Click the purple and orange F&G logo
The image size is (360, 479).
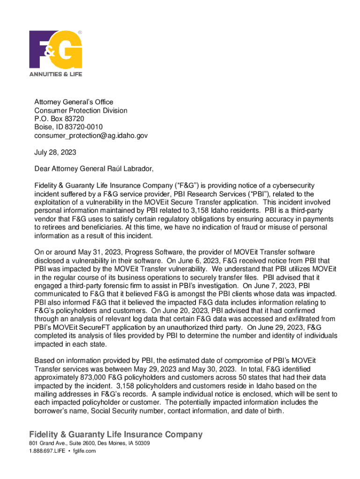(x=55, y=50)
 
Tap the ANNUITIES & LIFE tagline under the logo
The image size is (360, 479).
(x=56, y=74)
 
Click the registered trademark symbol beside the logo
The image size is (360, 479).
(x=79, y=33)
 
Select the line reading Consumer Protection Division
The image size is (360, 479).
(x=81, y=111)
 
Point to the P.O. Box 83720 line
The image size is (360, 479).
(x=59, y=119)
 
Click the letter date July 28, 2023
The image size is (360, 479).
(x=55, y=152)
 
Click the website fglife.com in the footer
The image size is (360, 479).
(x=85, y=451)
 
